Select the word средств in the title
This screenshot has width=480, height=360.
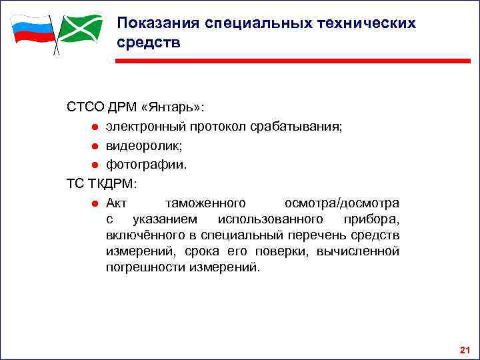(x=147, y=42)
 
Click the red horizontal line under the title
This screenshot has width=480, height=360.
(x=293, y=61)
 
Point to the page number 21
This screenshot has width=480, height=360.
(x=465, y=350)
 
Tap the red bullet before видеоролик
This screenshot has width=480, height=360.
(x=96, y=146)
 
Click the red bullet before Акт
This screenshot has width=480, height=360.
(x=96, y=203)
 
